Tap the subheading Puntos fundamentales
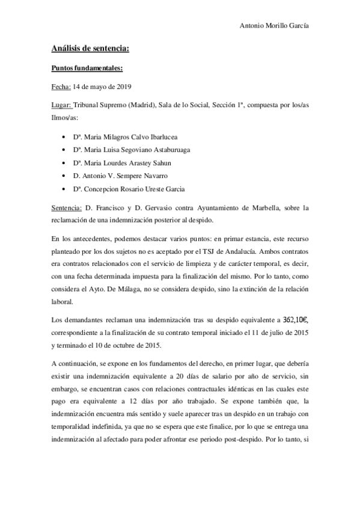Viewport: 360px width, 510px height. pyautogui.click(x=87, y=68)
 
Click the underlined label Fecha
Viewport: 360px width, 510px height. pyautogui.click(x=61, y=86)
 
